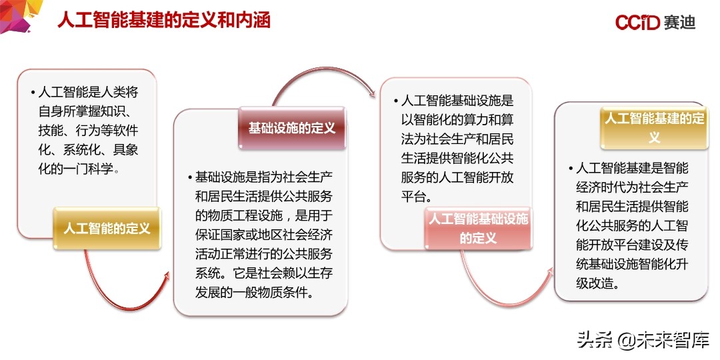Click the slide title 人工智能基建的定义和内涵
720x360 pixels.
[x=163, y=19]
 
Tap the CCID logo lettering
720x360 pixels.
[x=637, y=22]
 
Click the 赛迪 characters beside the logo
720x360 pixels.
[x=679, y=22]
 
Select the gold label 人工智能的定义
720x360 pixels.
[x=107, y=229]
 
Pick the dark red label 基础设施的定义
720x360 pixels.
[x=292, y=128]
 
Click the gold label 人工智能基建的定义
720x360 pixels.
[x=654, y=127]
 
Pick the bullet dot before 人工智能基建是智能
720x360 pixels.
[x=571, y=169]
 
